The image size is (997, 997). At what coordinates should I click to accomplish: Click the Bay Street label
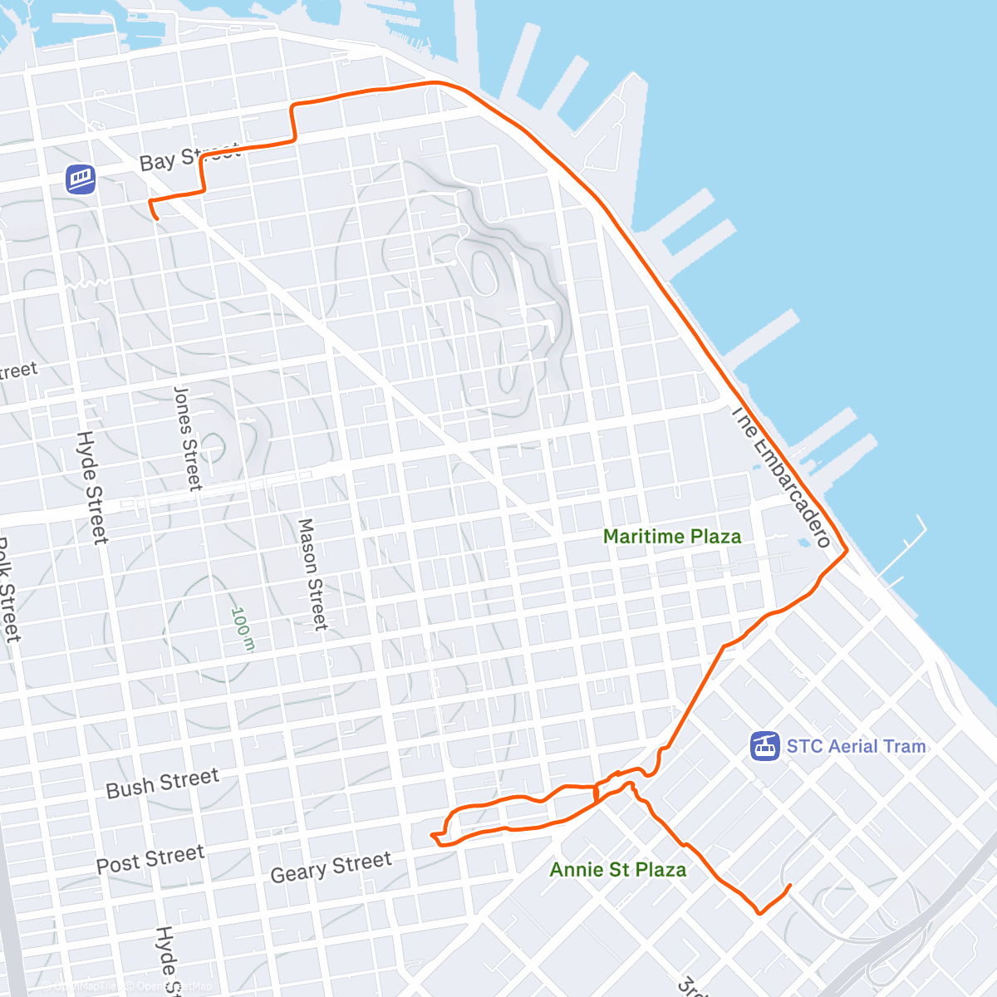coord(189,157)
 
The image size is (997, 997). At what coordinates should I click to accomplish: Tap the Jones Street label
coord(187,437)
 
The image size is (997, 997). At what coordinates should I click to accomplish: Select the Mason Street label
coord(313,573)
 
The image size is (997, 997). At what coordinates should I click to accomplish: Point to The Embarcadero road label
coord(780,477)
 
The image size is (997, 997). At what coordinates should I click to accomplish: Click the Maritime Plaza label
coord(672,537)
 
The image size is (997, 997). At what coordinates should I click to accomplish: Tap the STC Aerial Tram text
coord(856,746)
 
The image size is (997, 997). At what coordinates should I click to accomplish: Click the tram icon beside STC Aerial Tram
coord(765,746)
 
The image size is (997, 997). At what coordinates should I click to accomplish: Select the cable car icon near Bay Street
coord(81,179)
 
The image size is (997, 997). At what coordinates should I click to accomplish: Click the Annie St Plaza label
coord(618,870)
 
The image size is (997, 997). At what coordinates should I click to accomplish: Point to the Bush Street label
coord(163,783)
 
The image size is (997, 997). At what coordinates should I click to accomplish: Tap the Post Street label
coord(150,860)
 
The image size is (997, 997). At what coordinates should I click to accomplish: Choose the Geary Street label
coord(331,867)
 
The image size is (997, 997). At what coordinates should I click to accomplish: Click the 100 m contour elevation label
coord(241,628)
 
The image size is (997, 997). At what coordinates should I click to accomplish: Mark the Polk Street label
coord(7,590)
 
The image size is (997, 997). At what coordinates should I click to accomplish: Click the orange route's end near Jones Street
coord(156,218)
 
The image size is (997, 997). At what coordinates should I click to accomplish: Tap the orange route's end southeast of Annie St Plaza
coord(788,886)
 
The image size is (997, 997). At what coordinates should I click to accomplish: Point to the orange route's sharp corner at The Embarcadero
coord(846,550)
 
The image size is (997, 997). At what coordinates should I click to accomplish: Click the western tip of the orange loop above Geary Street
coord(432,834)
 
